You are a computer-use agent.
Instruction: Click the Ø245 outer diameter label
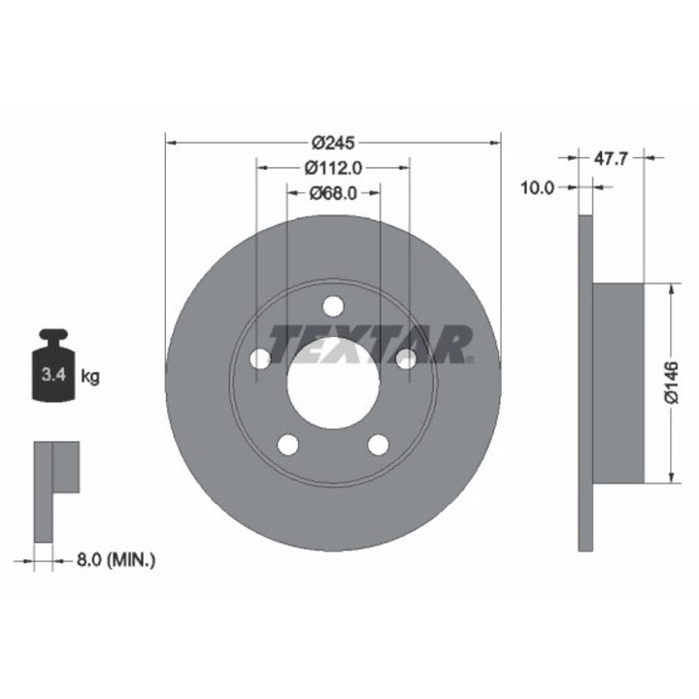pyautogui.click(x=333, y=140)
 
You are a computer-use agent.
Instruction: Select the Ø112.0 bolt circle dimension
pyautogui.click(x=333, y=166)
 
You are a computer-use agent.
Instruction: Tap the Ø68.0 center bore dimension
pyautogui.click(x=333, y=192)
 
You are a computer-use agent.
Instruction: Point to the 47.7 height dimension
pyautogui.click(x=611, y=155)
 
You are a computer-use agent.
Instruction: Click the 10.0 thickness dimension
pyautogui.click(x=536, y=187)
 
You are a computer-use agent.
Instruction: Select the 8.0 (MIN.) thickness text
pyautogui.click(x=115, y=559)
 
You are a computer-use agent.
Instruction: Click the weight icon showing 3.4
pyautogui.click(x=53, y=369)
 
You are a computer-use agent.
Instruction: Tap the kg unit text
pyautogui.click(x=89, y=375)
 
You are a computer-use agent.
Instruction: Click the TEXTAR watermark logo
pyautogui.click(x=369, y=344)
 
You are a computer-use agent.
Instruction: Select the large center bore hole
pyautogui.click(x=333, y=385)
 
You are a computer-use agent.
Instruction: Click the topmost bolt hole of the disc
pyautogui.click(x=333, y=306)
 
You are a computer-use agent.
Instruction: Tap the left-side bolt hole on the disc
pyautogui.click(x=259, y=359)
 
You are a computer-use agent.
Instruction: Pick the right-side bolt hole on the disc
pyautogui.click(x=407, y=359)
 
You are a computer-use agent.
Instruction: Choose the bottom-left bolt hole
pyautogui.click(x=287, y=445)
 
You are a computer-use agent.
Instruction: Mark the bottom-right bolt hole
pyautogui.click(x=379, y=445)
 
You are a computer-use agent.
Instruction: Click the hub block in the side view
pyautogui.click(x=618, y=383)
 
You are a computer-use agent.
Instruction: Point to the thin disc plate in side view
pyautogui.click(x=585, y=383)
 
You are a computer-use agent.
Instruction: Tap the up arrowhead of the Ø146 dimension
pyautogui.click(x=670, y=289)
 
